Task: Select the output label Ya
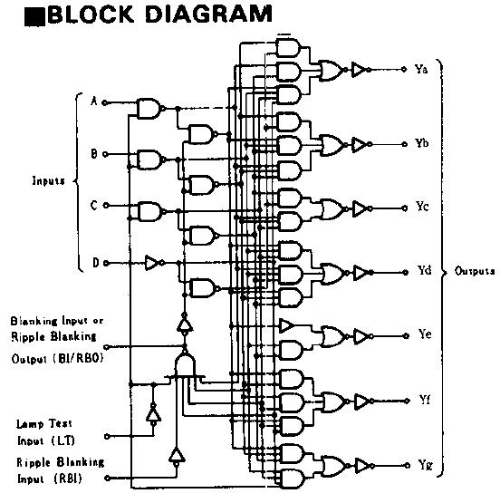click(421, 71)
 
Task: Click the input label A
click(93, 101)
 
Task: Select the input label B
click(93, 155)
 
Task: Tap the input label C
click(93, 206)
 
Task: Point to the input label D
click(94, 264)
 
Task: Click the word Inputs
click(47, 180)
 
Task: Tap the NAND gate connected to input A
click(148, 109)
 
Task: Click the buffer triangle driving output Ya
click(359, 70)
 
